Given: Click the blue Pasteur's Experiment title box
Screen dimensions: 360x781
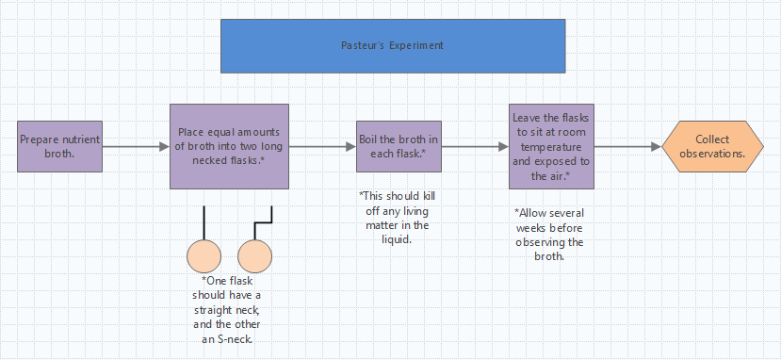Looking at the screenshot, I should coord(392,45).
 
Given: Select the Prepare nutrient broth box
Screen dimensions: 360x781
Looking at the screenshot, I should coord(59,146).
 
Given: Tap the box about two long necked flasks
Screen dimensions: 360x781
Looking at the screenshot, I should coord(229,146).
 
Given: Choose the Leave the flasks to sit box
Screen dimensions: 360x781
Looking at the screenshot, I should coord(551,146).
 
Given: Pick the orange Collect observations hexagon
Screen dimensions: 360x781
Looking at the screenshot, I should coord(712,146).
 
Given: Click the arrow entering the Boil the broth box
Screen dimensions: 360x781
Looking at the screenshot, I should coord(321,147).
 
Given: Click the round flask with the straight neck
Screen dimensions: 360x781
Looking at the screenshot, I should coord(204,256).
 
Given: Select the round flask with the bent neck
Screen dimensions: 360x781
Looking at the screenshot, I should coord(254,256).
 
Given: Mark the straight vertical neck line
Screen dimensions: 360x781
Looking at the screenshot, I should coord(204,222).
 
